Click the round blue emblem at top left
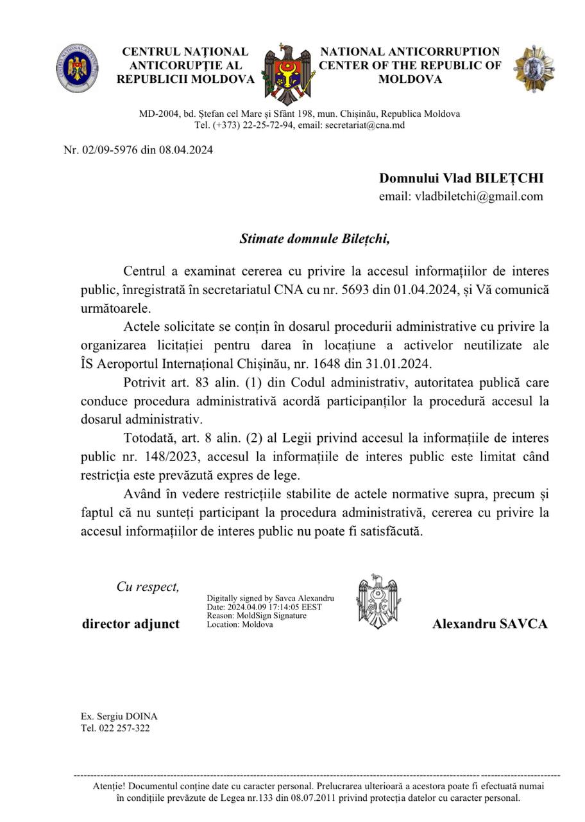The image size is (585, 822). point(77,68)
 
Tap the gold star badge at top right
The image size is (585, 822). point(534,68)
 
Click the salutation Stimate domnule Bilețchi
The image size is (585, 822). point(314,239)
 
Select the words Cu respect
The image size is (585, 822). point(148,587)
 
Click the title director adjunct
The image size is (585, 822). point(131,624)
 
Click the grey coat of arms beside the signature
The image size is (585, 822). point(378,601)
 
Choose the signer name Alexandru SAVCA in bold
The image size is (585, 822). point(489,624)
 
